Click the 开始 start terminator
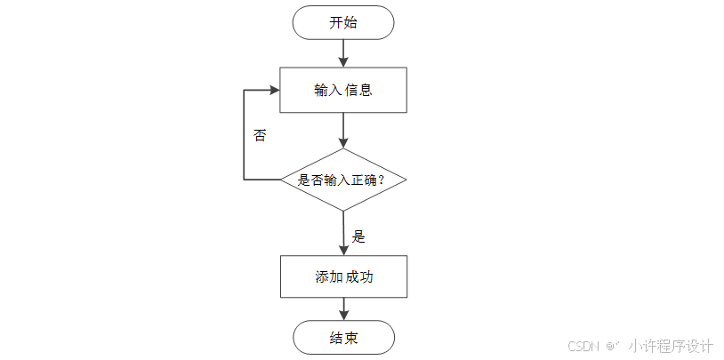(343, 22)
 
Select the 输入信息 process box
(343, 90)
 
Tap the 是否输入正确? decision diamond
(343, 180)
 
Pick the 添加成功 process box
(343, 276)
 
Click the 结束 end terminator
(343, 338)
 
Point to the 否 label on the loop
(260, 135)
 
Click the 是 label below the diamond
(358, 236)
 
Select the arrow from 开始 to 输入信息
(343, 53)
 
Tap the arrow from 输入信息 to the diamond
(343, 130)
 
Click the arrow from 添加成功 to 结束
(343, 308)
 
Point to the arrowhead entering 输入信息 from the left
(274, 90)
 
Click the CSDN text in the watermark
(583, 346)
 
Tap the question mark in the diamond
(381, 180)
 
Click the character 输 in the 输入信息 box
(321, 90)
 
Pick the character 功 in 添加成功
(366, 277)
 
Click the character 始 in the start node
(350, 22)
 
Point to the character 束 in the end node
(351, 338)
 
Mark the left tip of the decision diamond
(281, 180)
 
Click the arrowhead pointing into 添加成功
(343, 250)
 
